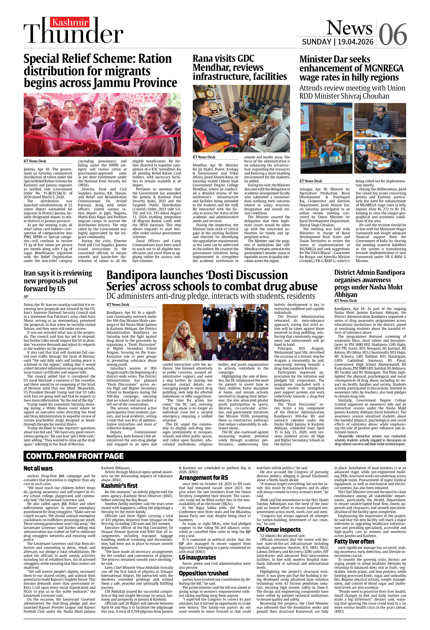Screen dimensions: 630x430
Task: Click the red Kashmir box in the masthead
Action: [70, 22]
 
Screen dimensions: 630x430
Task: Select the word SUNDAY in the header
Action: [317, 42]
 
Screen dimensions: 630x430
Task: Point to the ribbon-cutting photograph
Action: [102, 125]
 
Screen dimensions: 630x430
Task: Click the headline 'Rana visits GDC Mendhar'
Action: [240, 67]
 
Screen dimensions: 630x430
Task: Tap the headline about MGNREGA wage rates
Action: [351, 68]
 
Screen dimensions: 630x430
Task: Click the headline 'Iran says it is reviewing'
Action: [58, 281]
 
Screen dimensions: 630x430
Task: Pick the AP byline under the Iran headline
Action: [26, 296]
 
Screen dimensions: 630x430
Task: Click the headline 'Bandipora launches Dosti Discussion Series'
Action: [211, 281]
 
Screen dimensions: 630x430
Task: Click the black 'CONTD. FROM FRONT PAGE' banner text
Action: [75, 456]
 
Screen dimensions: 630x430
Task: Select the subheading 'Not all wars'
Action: [38, 468]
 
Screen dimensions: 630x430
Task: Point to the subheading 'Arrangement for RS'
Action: [203, 478]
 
